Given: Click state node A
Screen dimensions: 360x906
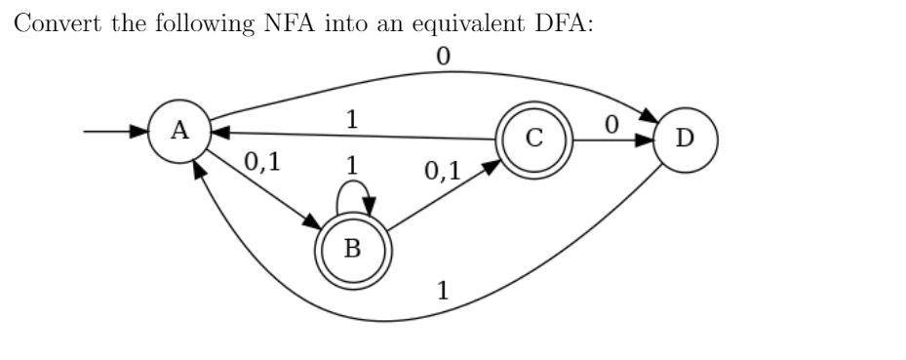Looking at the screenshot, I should coord(179,132).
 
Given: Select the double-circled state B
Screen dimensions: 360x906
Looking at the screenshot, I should coord(352,248).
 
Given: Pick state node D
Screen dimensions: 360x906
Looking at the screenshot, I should coord(685,139).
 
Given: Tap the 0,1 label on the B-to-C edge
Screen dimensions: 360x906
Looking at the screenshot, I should coord(442,173).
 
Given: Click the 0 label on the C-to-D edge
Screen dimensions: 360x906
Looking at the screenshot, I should coord(611,125).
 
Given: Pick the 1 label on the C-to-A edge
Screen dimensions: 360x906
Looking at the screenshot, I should coord(352,120).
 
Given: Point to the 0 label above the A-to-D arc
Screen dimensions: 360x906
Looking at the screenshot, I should coord(444,58).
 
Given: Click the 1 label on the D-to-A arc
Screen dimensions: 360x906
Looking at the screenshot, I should coord(444,291).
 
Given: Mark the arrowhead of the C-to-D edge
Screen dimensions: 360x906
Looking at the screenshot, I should coord(644,139).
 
